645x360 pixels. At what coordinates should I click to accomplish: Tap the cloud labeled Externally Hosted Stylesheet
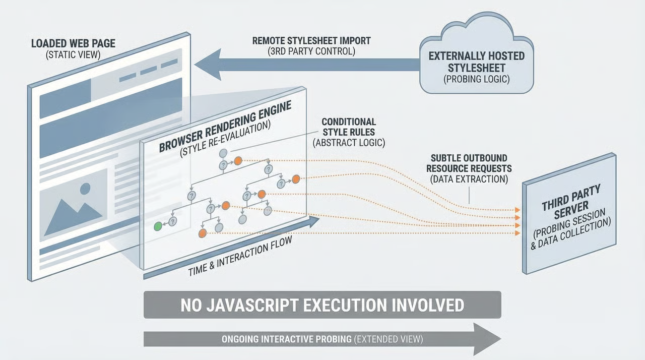pos(476,61)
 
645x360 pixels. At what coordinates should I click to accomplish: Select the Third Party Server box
pos(569,214)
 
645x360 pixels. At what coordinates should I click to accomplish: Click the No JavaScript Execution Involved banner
pos(322,305)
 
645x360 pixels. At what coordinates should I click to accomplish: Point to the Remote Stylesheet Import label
pos(311,41)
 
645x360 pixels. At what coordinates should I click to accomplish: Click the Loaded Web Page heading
pos(73,43)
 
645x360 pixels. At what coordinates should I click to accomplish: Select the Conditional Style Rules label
pos(349,127)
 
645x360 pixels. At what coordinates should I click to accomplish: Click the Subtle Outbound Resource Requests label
pos(469,163)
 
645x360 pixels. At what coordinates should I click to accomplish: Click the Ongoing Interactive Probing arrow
pos(322,339)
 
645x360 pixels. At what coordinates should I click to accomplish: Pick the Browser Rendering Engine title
pos(225,127)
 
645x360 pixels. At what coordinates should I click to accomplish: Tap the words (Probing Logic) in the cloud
pos(476,79)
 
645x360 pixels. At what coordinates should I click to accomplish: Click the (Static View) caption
pos(73,54)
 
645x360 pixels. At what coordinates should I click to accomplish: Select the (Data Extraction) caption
pos(469,179)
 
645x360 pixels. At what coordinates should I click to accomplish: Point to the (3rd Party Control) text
pos(311,51)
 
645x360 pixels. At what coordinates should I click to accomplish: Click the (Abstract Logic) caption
pos(349,143)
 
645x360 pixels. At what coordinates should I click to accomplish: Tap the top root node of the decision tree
pos(224,153)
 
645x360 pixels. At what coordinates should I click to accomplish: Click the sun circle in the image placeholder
pos(85,189)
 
